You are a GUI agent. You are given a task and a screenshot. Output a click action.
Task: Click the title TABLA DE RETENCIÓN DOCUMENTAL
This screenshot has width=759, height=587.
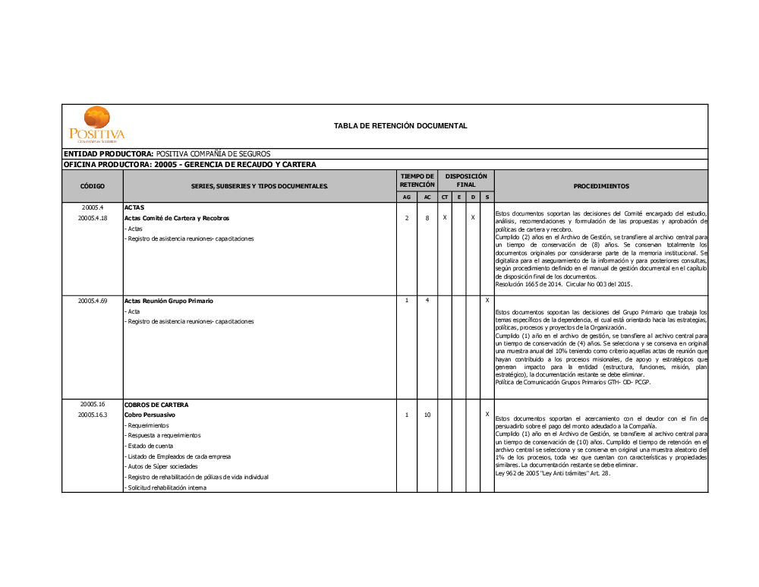pos(400,126)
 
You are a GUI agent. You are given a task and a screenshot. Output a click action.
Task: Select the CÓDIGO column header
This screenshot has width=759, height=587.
pos(93,186)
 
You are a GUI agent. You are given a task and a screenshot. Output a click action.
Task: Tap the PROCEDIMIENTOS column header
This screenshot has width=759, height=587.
pos(601,186)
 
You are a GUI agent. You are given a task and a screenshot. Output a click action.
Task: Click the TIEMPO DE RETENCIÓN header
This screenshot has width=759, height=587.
pos(417,180)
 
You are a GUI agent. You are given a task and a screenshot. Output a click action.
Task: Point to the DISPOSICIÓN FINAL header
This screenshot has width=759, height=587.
pos(466,180)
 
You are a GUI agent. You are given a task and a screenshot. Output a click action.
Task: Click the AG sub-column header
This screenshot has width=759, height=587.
pos(407,197)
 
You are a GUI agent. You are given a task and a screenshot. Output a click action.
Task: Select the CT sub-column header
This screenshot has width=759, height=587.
pos(445,197)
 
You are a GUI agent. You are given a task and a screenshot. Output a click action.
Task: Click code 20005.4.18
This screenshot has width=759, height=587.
pos(93,218)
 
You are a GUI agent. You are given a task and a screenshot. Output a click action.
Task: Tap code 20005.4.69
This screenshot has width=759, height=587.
pos(93,301)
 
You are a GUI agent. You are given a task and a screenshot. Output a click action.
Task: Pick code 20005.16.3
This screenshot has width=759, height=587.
pos(93,415)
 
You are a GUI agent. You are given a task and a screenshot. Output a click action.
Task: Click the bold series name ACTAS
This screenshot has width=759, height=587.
pos(134,207)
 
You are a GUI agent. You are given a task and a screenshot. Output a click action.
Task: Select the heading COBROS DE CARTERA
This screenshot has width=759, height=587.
pos(156,405)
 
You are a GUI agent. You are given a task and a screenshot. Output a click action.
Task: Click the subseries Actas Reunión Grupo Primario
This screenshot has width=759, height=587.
pos(168,301)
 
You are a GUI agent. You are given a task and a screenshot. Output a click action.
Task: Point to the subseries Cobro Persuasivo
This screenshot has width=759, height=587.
pos(150,415)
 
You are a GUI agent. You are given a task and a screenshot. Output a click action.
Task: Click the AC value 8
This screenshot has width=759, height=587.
pos(427,218)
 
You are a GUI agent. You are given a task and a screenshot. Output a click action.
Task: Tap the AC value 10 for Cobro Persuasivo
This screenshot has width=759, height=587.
pos(427,415)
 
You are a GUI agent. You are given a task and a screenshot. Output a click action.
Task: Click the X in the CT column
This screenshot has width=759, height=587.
pos(445,218)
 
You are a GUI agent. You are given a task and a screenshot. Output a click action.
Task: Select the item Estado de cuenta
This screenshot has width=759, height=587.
pos(150,447)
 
